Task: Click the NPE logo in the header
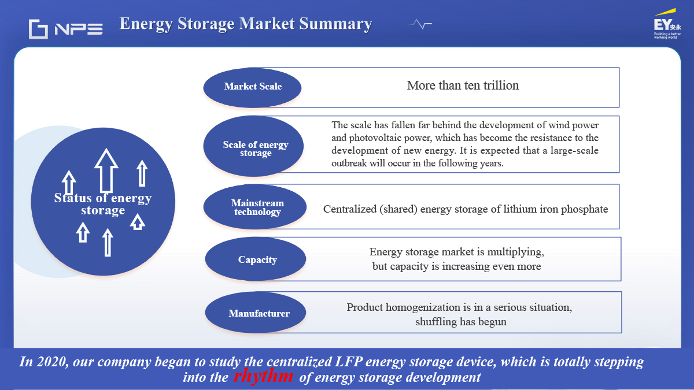tap(66, 29)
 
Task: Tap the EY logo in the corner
tap(667, 24)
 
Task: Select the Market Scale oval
tap(252, 88)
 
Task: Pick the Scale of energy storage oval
tap(253, 146)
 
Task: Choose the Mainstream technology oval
tap(255, 207)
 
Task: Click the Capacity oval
tap(256, 259)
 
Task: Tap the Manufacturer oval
tap(256, 313)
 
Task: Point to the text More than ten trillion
tap(463, 86)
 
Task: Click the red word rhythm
tap(263, 376)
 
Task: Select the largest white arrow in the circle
tap(106, 170)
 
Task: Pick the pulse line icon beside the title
tap(420, 24)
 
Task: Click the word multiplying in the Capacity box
tap(515, 252)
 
